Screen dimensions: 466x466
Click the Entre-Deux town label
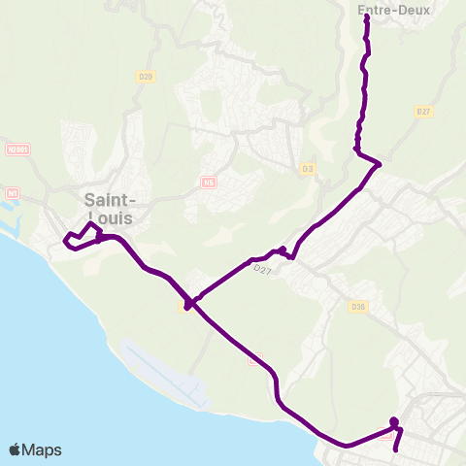(380, 11)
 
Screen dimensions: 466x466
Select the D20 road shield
(147, 76)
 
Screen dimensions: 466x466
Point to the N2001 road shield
(17, 150)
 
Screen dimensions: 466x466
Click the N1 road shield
(13, 192)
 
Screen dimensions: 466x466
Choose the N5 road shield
(209, 182)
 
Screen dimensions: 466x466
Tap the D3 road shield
(309, 169)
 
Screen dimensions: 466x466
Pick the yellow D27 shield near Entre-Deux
(422, 112)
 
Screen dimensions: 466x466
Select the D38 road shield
(358, 306)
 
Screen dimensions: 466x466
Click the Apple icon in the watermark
(16, 449)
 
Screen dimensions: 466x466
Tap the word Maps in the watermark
(44, 449)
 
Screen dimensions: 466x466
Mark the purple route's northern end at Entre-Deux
(366, 17)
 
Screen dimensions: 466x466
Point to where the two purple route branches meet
(190, 303)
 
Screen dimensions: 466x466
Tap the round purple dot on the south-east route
(394, 421)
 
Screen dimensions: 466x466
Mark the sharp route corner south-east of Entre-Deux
(379, 165)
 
